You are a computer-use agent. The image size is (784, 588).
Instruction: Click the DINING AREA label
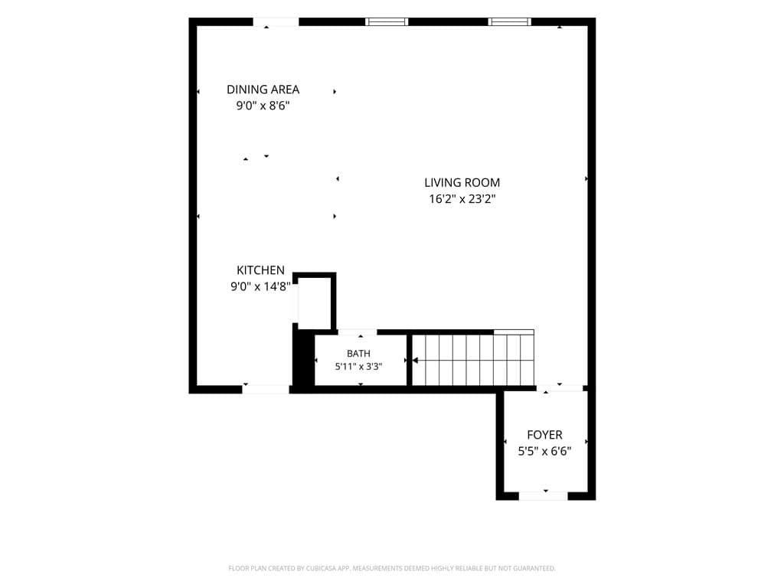coord(263,90)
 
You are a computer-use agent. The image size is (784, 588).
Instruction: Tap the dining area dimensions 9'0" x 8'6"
coord(263,106)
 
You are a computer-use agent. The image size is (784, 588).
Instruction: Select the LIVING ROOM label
coord(462,182)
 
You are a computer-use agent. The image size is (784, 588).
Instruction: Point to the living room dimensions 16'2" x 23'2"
coord(462,199)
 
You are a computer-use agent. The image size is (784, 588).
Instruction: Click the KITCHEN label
coord(260,270)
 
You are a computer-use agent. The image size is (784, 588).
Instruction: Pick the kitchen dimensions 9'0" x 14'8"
coord(260,286)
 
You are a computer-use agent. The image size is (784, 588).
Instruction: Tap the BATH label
coord(358,354)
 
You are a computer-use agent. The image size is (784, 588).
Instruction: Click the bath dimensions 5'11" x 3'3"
coord(358,367)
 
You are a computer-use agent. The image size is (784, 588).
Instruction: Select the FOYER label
coord(544,435)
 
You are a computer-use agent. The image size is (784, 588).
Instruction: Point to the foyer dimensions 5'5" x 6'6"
coord(544,451)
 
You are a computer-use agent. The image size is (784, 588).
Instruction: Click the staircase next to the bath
coord(473,360)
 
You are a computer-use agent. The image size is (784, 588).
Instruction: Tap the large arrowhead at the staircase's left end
coord(415,360)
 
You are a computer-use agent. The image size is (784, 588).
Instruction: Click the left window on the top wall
coord(387,21)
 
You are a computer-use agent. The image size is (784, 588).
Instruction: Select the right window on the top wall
coord(509,21)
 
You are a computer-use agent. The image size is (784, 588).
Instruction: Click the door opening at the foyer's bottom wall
coord(544,495)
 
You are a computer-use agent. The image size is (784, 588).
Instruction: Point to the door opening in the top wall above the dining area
coord(276,21)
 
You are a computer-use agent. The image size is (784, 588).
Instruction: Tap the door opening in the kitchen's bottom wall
coord(266,390)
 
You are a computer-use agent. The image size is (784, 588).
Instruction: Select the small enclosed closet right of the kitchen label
coord(314,301)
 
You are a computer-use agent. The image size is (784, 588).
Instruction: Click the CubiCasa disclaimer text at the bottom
coord(392,568)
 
